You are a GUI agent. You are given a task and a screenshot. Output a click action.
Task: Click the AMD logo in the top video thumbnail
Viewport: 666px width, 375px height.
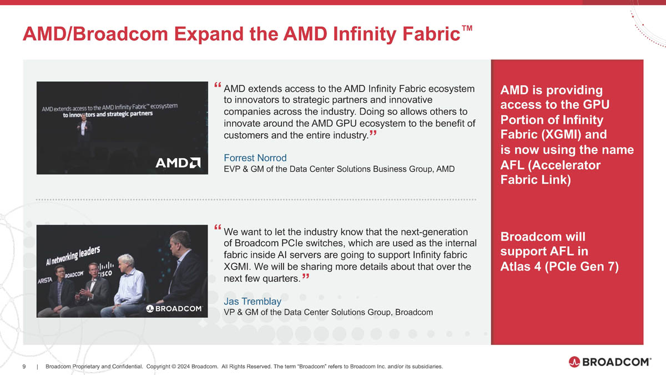pos(178,163)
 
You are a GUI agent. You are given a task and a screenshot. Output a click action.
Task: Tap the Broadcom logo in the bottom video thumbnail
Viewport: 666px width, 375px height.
pos(174,308)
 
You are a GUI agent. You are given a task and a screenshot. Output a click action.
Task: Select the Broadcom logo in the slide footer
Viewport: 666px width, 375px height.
pos(609,362)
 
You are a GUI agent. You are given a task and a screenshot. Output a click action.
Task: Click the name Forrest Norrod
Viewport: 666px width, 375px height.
pos(255,158)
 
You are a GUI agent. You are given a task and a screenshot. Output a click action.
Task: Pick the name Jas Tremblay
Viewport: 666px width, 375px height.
pos(252,301)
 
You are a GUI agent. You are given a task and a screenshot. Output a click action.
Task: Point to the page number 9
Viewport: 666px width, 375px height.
pos(24,366)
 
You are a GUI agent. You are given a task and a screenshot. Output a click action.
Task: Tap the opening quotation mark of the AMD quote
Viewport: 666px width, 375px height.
pos(217,87)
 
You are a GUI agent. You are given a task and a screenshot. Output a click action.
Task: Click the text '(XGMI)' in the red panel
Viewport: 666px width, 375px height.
pos(577,135)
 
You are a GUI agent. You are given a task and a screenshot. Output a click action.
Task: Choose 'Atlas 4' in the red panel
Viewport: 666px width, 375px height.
pos(520,267)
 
